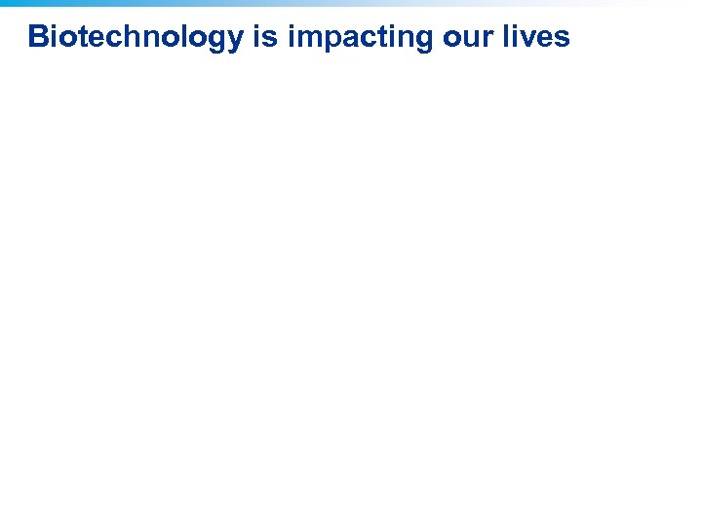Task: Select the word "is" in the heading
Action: point(264,37)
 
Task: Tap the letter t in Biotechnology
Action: point(80,37)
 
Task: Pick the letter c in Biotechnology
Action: point(109,37)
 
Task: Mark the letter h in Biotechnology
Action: point(127,37)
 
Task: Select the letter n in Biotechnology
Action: point(145,37)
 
